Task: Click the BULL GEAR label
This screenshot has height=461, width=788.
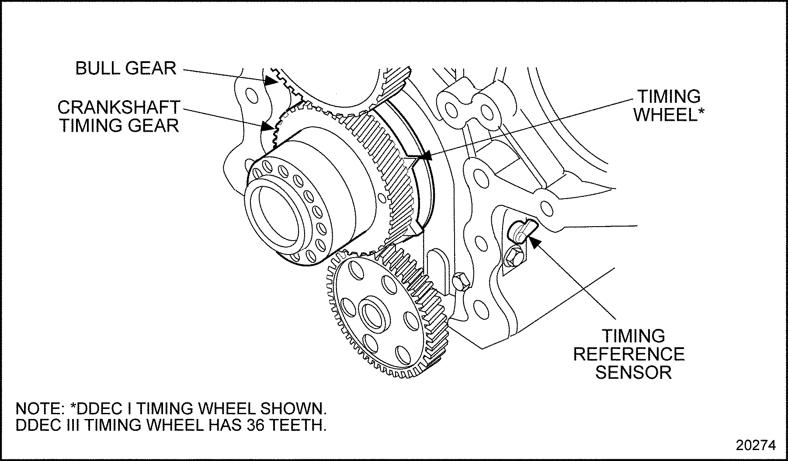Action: point(125,68)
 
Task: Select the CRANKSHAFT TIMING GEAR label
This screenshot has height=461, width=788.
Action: point(119,116)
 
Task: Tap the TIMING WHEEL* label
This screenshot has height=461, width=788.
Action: point(669,106)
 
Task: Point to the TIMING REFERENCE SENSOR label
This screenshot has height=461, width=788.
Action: point(629,354)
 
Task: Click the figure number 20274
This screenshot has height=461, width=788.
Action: point(756,445)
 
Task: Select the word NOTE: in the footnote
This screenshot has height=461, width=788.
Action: point(40,409)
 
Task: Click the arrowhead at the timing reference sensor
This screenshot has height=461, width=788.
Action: point(533,239)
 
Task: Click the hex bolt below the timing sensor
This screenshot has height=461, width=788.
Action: point(513,258)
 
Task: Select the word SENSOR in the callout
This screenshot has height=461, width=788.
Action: point(633,373)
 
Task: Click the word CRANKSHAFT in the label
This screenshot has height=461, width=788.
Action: point(119,107)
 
